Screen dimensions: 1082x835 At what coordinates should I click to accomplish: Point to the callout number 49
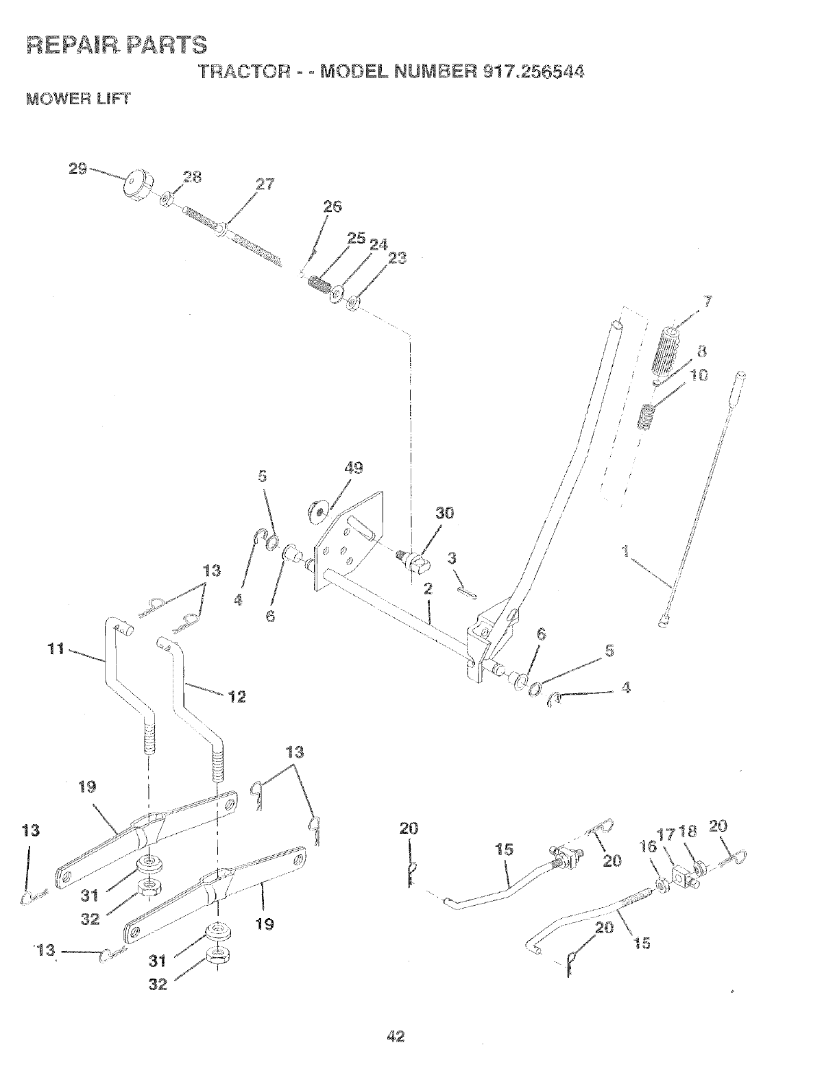354,468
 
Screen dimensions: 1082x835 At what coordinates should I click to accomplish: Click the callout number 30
445,514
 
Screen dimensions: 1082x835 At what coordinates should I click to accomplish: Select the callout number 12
237,697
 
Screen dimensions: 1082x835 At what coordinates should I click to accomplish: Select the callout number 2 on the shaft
428,588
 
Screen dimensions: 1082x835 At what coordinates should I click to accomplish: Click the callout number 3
452,559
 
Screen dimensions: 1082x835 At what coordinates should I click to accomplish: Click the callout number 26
332,206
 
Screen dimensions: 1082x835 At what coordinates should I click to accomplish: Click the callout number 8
701,352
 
